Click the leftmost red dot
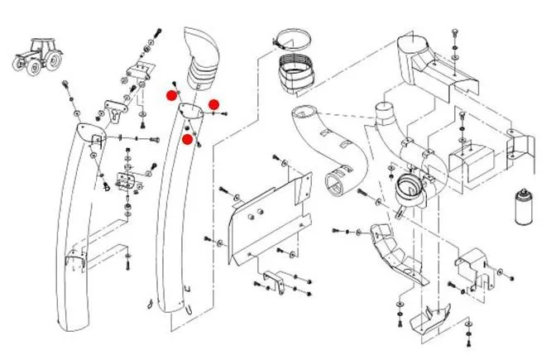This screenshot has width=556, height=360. click(171, 96)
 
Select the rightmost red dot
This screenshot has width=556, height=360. click(213, 104)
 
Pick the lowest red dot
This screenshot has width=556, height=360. click(188, 140)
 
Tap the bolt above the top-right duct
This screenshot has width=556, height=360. click(453, 33)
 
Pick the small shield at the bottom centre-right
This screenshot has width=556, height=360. click(434, 315)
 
